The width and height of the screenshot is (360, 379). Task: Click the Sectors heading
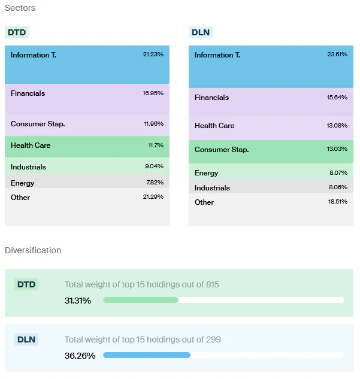pyautogui.click(x=20, y=8)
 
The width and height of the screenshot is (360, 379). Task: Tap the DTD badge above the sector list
pyautogui.click(x=17, y=32)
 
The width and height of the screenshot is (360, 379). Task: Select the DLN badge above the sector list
pyautogui.click(x=201, y=32)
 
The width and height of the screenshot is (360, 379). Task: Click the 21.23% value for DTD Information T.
pyautogui.click(x=153, y=54)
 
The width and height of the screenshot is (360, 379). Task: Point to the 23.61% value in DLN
pyautogui.click(x=337, y=54)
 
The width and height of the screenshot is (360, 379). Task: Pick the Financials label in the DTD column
pyautogui.click(x=28, y=93)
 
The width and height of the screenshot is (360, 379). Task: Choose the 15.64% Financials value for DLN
pyautogui.click(x=337, y=97)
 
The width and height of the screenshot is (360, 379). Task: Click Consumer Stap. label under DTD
pyautogui.click(x=38, y=124)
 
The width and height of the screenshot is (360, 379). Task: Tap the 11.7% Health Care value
pyautogui.click(x=155, y=145)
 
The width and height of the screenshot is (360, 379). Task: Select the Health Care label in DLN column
pyautogui.click(x=214, y=126)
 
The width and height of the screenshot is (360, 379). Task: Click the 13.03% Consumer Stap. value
pyautogui.click(x=337, y=149)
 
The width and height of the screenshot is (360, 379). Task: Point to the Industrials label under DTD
pyautogui.click(x=28, y=167)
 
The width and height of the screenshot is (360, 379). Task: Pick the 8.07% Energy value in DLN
pyautogui.click(x=338, y=173)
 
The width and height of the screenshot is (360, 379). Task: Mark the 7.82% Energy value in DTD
pyautogui.click(x=154, y=183)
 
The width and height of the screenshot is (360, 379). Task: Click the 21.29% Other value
pyautogui.click(x=153, y=197)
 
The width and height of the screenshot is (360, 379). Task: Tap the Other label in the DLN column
pyautogui.click(x=204, y=202)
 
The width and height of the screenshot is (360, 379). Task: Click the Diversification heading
pyautogui.click(x=33, y=250)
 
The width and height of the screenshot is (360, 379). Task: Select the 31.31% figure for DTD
pyautogui.click(x=78, y=300)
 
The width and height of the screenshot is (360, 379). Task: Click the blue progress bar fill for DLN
pyautogui.click(x=147, y=355)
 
